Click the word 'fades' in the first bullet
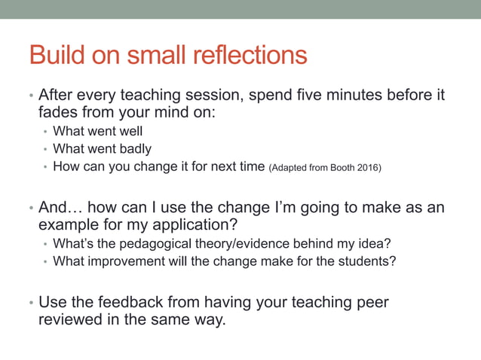[58, 113]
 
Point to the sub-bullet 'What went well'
[97, 132]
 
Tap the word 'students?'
[367, 261]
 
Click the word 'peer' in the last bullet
[373, 302]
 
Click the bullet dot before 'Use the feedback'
[31, 304]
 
